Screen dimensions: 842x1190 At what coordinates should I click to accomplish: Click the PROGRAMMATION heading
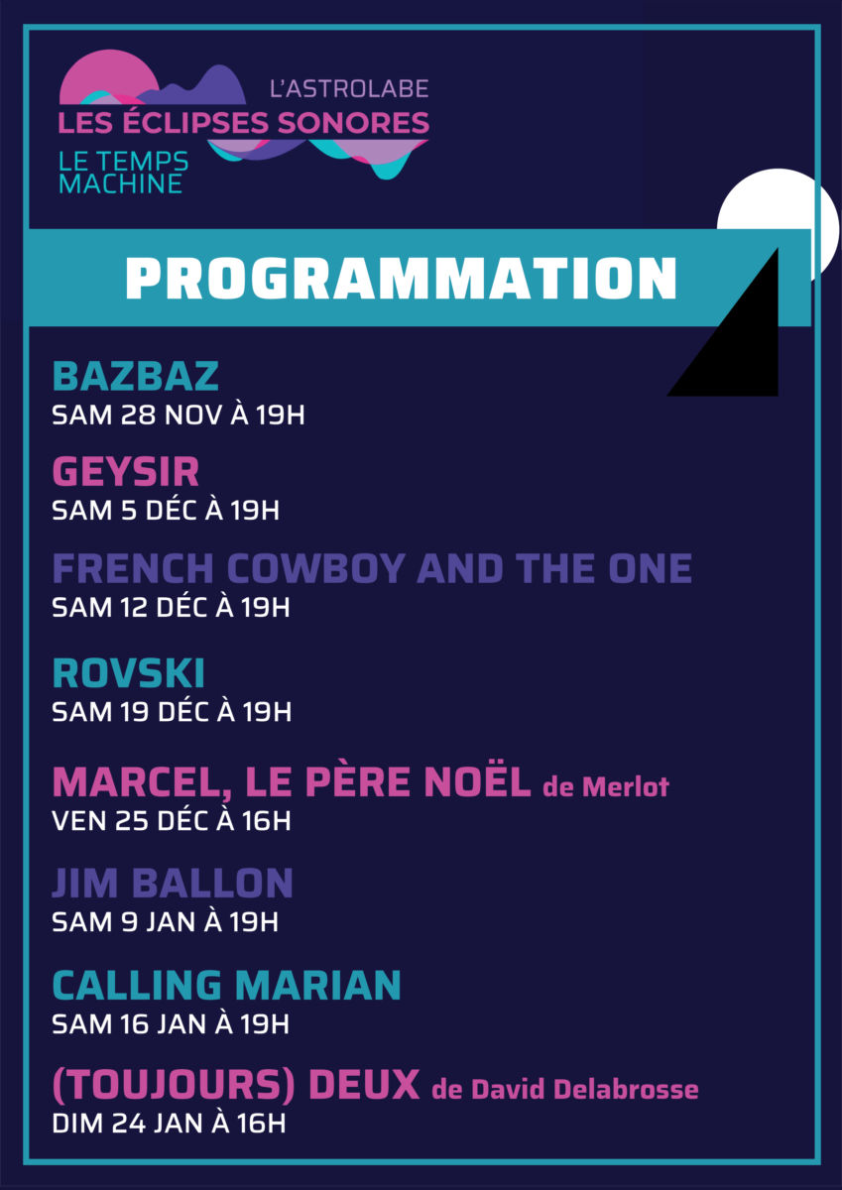[401, 278]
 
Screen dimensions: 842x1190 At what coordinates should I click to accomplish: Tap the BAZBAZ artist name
[136, 376]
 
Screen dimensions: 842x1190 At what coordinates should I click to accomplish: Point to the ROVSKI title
[129, 673]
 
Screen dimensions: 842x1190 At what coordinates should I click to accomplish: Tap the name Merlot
[625, 786]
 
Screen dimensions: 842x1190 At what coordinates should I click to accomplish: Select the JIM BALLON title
[173, 883]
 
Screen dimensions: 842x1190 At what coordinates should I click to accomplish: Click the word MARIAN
[317, 985]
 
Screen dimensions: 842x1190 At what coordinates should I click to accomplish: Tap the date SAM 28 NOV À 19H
[179, 415]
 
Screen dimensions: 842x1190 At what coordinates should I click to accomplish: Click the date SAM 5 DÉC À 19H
[166, 510]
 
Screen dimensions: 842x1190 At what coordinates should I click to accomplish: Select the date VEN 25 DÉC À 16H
[172, 821]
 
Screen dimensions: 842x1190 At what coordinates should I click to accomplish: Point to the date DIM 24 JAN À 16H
[169, 1123]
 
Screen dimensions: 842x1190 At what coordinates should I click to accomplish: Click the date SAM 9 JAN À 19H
[166, 921]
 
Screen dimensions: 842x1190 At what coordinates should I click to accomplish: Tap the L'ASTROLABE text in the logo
[349, 88]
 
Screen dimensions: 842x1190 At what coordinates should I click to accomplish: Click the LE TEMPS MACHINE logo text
[123, 173]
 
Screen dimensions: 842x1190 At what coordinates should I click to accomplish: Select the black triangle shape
[744, 345]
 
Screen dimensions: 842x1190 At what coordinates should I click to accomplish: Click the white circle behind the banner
[807, 202]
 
